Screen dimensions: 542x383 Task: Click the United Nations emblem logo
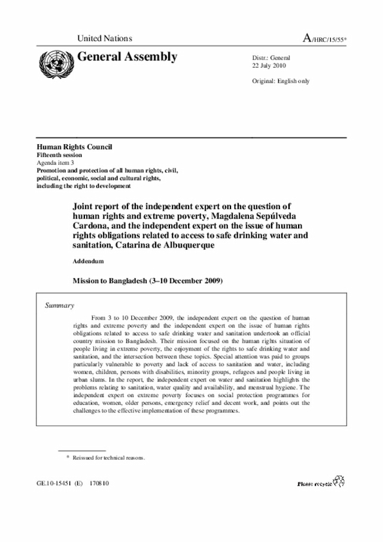54,61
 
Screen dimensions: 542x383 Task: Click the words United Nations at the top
105,38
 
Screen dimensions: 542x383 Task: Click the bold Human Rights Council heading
74,147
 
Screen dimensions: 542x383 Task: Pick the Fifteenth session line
60,155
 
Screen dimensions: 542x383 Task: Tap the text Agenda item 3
57,162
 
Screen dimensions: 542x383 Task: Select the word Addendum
88,262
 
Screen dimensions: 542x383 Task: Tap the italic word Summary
60,305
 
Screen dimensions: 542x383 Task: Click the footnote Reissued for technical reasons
109,458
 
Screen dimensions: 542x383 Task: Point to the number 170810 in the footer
96,483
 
